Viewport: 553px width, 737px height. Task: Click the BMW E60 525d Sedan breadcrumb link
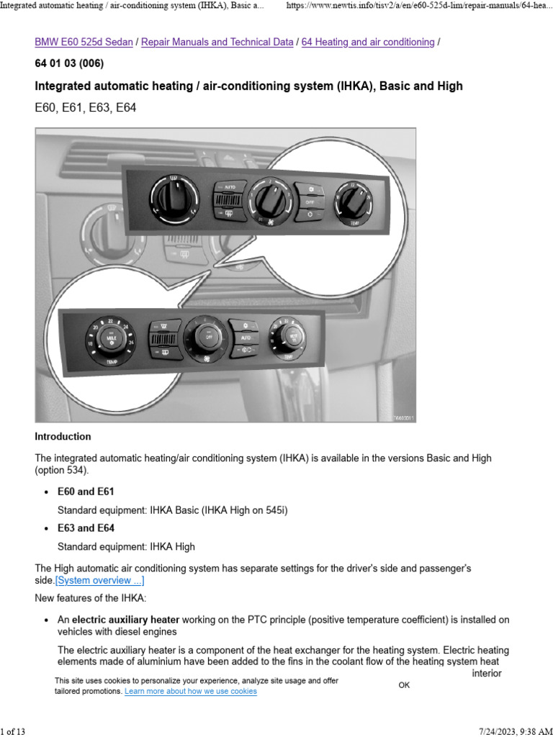coord(84,42)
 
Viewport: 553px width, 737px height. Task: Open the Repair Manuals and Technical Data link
coord(217,42)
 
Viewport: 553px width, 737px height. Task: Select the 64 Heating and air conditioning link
coord(367,42)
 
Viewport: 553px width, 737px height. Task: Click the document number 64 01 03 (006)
coord(69,63)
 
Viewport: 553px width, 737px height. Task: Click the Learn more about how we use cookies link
coord(190,691)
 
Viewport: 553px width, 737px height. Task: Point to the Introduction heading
coord(63,436)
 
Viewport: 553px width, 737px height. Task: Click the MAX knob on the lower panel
coord(112,337)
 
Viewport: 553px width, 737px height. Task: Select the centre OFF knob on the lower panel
coord(209,336)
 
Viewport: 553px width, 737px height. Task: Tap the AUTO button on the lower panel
coord(245,336)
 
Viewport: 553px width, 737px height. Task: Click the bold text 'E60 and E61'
coord(85,492)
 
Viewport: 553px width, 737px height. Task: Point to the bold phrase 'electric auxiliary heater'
coord(125,620)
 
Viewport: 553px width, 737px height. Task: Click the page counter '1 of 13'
coord(13,731)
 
